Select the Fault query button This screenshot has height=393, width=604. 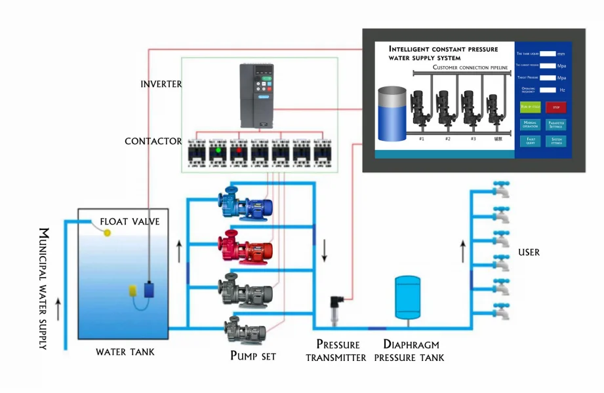click(529, 140)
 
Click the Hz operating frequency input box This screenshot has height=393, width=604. click(548, 90)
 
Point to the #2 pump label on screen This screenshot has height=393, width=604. click(447, 139)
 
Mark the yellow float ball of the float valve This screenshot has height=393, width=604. click(107, 233)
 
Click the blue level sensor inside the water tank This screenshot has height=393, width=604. click(149, 288)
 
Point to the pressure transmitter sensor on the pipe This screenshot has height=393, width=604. click(336, 309)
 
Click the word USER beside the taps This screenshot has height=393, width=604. click(529, 252)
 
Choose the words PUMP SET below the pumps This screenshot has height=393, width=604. click(252, 356)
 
